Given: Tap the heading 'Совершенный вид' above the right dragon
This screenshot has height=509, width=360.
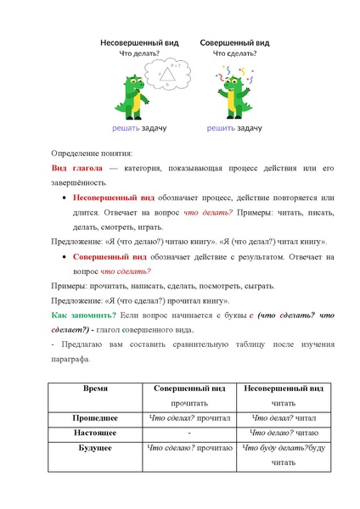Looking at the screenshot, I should tap(235, 42).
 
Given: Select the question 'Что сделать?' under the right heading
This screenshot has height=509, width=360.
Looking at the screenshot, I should tap(235, 53).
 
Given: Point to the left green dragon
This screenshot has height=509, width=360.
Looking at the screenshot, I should tap(132, 95).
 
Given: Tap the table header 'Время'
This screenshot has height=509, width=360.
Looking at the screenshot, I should tap(94, 388).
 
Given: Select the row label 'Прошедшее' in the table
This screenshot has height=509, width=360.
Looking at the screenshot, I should tap(94, 417).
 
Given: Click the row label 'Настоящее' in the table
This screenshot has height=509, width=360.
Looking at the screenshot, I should tap(94, 432).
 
